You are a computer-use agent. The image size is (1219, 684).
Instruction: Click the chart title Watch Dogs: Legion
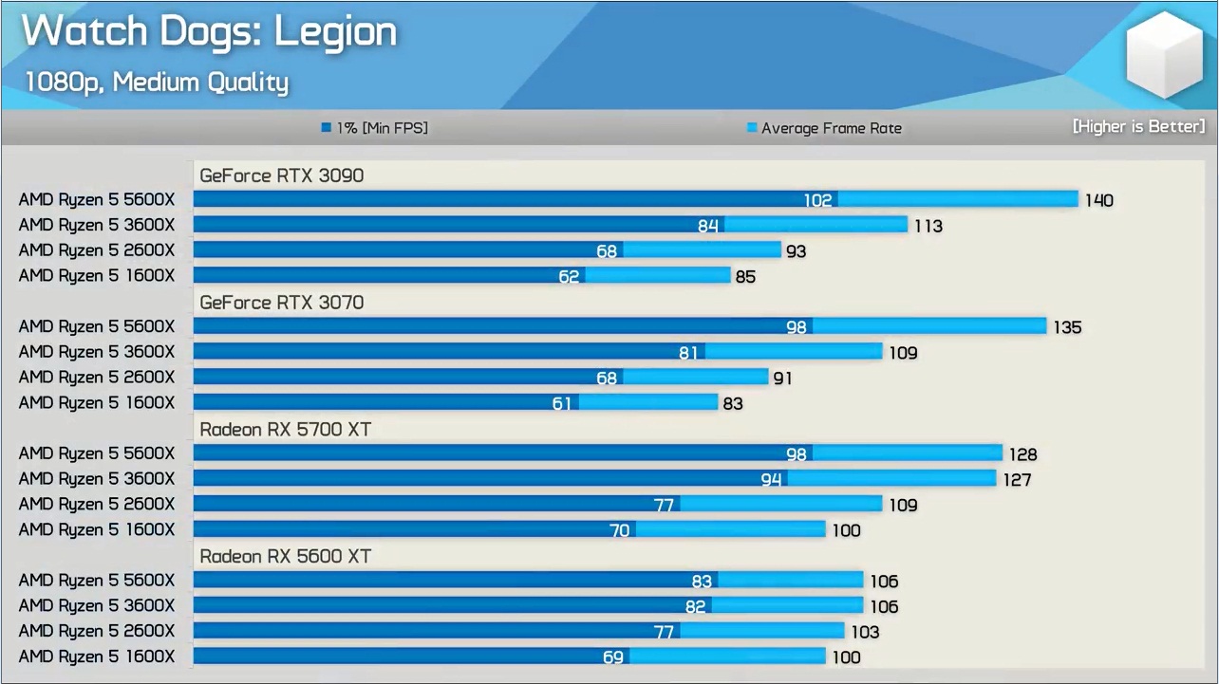pyautogui.click(x=209, y=32)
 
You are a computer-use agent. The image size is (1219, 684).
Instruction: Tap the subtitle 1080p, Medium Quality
pyautogui.click(x=157, y=83)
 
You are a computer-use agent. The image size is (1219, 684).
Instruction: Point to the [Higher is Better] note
pyautogui.click(x=1138, y=126)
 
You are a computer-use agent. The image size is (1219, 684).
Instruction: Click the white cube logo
pyautogui.click(x=1163, y=55)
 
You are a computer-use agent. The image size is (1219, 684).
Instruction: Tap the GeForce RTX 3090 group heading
pyautogui.click(x=281, y=176)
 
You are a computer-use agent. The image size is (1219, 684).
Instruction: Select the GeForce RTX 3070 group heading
pyautogui.click(x=281, y=303)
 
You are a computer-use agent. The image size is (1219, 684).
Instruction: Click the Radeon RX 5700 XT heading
pyautogui.click(x=285, y=430)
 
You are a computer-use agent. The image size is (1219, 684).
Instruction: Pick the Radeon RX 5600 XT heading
pyautogui.click(x=285, y=557)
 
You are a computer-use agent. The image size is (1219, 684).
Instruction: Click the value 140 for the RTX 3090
pyautogui.click(x=1098, y=200)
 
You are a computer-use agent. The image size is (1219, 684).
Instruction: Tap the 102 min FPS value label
pyautogui.click(x=817, y=200)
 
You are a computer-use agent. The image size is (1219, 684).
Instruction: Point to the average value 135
pyautogui.click(x=1067, y=327)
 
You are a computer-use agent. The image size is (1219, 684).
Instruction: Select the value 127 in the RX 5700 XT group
pyautogui.click(x=1017, y=480)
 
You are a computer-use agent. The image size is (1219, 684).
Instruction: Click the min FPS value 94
pyautogui.click(x=771, y=480)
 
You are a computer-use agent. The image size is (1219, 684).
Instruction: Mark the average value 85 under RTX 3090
pyautogui.click(x=745, y=277)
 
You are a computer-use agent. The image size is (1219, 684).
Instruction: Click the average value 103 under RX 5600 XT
pyautogui.click(x=865, y=632)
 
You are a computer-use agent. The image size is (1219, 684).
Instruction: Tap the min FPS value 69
pyautogui.click(x=613, y=657)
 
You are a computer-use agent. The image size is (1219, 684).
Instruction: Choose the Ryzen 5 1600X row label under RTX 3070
pyautogui.click(x=97, y=403)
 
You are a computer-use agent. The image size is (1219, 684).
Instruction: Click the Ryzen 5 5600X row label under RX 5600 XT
pyautogui.click(x=97, y=581)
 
